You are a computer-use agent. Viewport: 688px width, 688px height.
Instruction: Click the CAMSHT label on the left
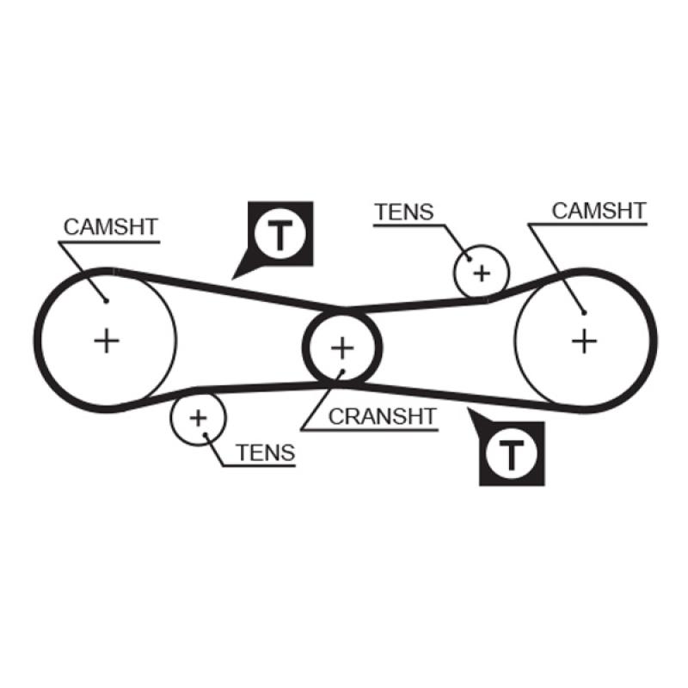pos(110,226)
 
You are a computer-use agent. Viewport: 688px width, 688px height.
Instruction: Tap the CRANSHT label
pos(383,416)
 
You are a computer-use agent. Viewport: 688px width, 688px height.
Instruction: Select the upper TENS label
pos(404,212)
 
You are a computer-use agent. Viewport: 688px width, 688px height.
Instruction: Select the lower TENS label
pos(265,452)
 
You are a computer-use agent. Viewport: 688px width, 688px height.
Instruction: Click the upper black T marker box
pos(281,233)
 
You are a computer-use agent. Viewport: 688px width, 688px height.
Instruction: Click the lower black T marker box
pos(512,452)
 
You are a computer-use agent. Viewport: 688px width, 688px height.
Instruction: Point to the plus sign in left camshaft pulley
pos(107,341)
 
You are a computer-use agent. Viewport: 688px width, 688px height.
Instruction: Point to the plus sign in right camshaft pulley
pos(584,341)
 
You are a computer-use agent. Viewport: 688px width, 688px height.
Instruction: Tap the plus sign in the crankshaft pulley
pos(342,347)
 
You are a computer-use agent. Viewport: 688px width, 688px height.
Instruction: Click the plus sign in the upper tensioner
pos(482,273)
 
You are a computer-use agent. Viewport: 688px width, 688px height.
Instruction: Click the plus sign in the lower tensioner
pos(199,418)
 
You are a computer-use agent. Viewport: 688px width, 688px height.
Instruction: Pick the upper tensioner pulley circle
pos(497,261)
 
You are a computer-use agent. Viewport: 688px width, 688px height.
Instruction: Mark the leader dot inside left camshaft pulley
pos(105,299)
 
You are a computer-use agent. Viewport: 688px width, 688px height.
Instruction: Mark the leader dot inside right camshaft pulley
pos(583,313)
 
